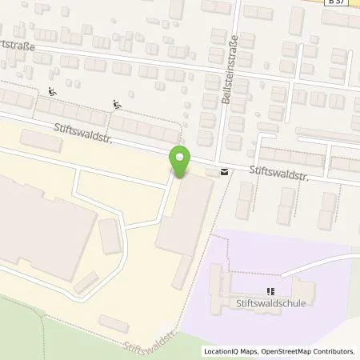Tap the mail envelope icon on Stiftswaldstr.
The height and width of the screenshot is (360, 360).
tap(222, 170)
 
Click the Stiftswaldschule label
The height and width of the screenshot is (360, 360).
tap(270, 304)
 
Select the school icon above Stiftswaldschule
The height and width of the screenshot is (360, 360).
tap(270, 292)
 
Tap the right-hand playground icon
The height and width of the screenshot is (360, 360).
tap(118, 102)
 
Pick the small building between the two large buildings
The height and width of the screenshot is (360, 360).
tap(109, 237)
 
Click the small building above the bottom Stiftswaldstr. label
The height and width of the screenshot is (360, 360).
tap(114, 324)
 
